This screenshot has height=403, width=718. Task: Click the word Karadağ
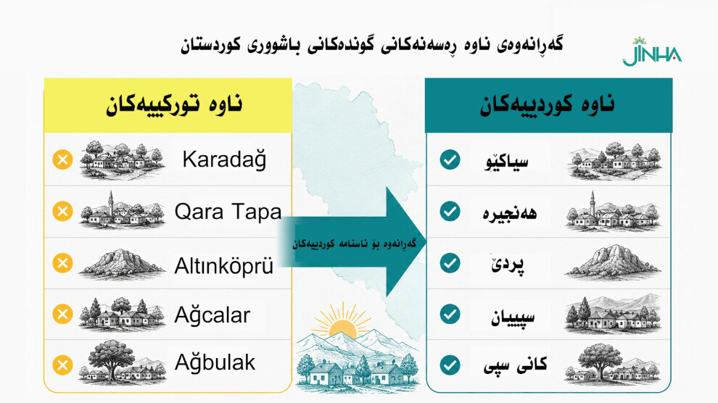224,159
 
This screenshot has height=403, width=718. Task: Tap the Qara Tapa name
228,212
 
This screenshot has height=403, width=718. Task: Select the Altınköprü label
224,266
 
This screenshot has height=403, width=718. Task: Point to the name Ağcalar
212,315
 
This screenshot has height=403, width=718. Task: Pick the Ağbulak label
215,362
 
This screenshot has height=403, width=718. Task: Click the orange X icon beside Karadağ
62,159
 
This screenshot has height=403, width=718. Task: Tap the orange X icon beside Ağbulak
62,365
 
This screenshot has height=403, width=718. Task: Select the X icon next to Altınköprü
62,263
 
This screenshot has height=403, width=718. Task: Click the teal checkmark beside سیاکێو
450,159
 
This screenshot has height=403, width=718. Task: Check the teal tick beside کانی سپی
450,365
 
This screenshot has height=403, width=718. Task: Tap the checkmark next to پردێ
450,263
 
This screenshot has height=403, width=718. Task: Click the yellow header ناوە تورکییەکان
175,105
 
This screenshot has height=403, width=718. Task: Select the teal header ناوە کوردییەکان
547,105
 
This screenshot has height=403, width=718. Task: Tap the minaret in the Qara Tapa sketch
110,203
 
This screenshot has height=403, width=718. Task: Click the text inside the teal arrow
355,244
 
